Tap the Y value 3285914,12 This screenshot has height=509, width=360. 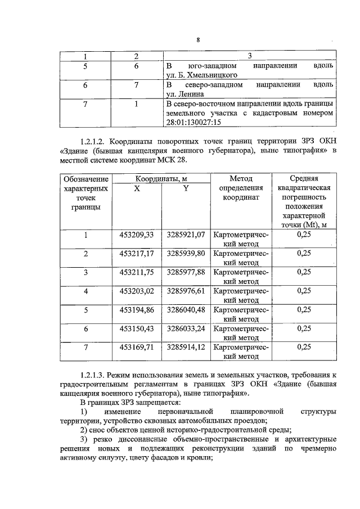[186, 347]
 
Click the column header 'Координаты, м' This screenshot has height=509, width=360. [161, 178]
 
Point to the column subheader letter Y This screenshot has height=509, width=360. [186, 188]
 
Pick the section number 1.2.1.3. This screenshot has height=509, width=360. [94, 374]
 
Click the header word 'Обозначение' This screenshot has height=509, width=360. [85, 179]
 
